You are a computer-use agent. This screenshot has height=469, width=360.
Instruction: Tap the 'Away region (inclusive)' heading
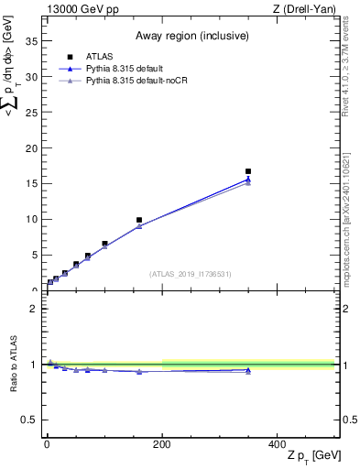pyautogui.click(x=190, y=36)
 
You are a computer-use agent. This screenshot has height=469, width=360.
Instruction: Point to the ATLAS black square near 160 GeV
pyautogui.click(x=138, y=220)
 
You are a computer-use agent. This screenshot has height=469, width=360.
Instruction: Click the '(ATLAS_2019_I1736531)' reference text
pyautogui.click(x=190, y=274)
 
